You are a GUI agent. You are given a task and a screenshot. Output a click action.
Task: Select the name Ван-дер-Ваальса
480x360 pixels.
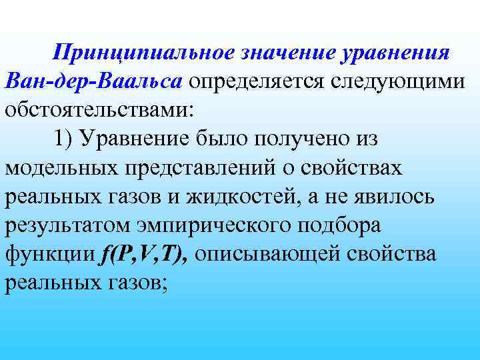(x=93, y=81)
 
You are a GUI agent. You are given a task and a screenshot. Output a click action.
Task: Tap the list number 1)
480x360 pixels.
(x=69, y=139)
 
